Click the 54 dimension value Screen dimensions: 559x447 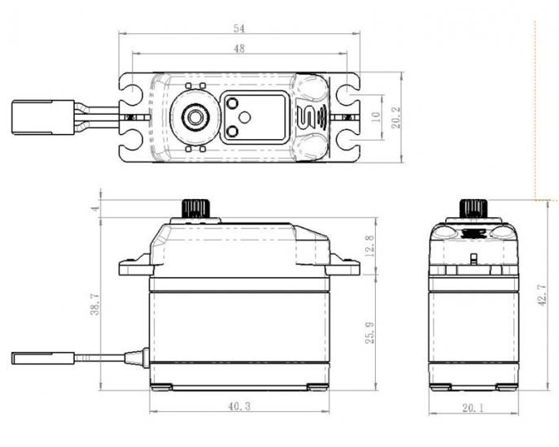239,28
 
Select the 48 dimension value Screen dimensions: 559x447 239,49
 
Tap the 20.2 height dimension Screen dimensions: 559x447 396,117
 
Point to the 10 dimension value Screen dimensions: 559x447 376,117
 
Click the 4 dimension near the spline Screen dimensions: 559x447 95,207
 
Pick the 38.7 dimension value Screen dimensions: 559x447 95,304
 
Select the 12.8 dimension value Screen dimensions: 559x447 369,245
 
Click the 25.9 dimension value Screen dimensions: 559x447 369,332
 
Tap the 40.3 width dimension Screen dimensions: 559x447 239,406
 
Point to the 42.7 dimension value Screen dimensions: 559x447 542,295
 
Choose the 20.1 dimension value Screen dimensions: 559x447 474,408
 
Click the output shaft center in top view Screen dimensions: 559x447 195,116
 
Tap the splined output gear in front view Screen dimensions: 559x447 194,209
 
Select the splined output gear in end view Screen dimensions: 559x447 474,209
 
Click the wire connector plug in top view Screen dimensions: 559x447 43,118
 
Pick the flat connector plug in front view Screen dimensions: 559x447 43,358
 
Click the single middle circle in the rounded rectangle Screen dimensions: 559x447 245,117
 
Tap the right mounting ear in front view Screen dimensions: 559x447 343,265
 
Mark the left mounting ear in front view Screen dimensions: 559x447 136,265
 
